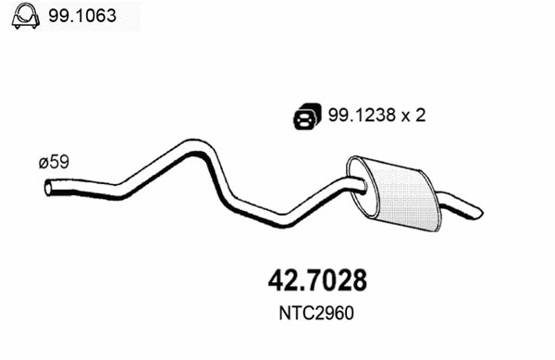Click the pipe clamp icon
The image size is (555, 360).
point(25,16)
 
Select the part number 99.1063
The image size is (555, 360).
point(82,16)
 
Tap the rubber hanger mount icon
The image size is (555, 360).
point(307,116)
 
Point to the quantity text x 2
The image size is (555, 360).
point(413,116)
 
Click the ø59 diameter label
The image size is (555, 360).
point(54,162)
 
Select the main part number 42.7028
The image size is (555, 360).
point(317,280)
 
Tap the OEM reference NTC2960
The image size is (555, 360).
point(316,314)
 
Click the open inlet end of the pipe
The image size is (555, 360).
point(48,188)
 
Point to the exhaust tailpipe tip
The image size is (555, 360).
point(478,213)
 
